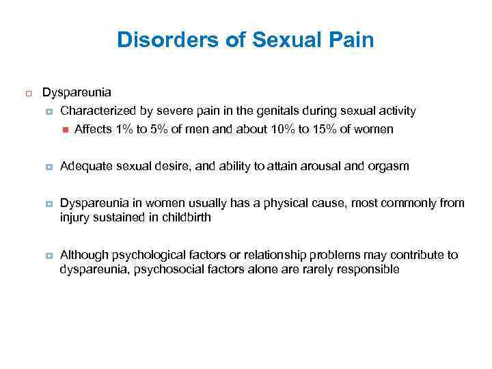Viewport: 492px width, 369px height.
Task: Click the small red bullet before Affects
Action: coord(65,128)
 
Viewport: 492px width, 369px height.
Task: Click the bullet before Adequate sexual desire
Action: coord(49,167)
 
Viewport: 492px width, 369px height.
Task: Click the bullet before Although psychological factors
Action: coord(49,256)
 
